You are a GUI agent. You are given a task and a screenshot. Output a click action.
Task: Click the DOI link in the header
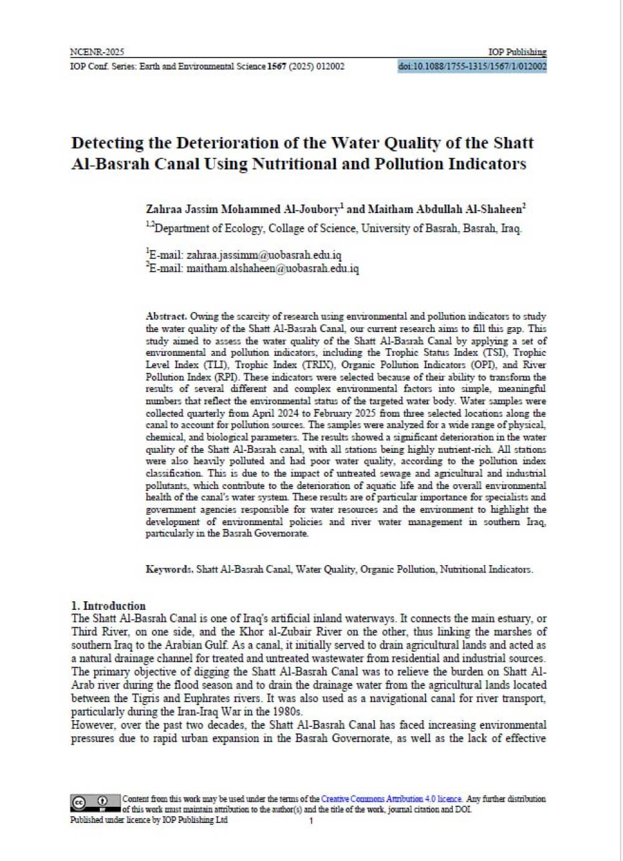[x=472, y=66]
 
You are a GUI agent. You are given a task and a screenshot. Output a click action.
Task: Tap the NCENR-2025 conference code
[x=97, y=52]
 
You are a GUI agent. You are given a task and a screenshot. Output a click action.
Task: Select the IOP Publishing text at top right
[x=517, y=52]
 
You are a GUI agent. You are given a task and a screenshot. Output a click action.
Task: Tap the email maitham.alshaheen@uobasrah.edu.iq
[x=272, y=269]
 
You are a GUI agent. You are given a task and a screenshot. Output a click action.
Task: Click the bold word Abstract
[x=166, y=316]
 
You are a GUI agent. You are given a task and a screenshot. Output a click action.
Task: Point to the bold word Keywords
[x=169, y=569]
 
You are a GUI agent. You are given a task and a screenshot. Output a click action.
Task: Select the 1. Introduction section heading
[x=108, y=606]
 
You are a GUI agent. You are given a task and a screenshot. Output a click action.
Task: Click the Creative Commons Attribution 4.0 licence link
[x=391, y=799]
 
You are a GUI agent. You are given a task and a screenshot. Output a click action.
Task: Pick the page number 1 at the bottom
[x=311, y=821]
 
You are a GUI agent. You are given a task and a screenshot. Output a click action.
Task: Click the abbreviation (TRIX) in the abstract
[x=318, y=365]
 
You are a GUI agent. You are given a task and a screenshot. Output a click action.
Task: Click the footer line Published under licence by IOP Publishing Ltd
[x=149, y=820]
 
